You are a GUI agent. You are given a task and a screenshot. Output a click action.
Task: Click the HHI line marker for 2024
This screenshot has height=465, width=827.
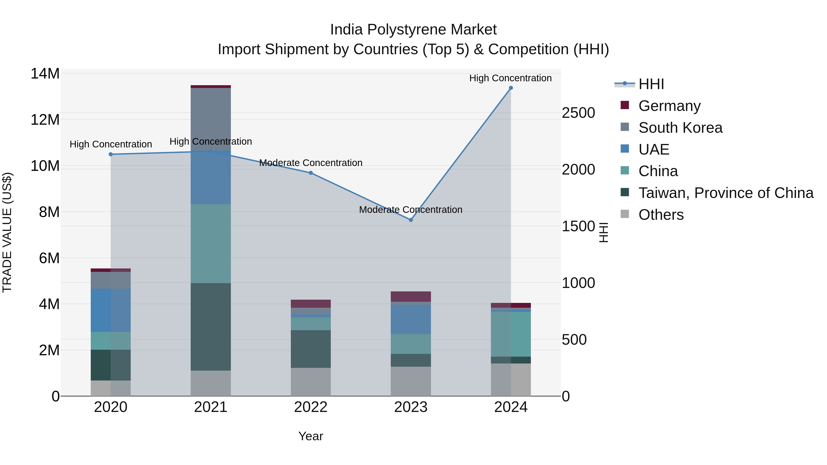pos(511,88)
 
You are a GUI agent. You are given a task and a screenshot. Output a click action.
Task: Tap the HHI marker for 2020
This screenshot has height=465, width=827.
pos(111,154)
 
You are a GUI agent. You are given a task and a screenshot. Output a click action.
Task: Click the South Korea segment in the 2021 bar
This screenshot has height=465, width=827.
pos(211,119)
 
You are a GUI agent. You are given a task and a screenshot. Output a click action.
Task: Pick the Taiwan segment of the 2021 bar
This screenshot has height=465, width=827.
pos(211,327)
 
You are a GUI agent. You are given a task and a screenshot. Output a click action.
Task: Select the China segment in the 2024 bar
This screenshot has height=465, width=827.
pos(511,334)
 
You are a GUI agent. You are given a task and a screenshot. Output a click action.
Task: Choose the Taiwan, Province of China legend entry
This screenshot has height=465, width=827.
pos(725,193)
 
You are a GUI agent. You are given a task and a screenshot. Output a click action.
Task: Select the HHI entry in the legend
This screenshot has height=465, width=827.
pos(651,84)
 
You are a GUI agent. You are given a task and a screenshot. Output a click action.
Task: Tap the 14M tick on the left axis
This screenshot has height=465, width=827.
pos(45,73)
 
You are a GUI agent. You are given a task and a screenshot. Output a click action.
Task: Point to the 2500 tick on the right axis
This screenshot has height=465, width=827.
pos(578,113)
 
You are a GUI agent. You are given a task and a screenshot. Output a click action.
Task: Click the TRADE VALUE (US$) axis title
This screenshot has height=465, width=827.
pos(7,232)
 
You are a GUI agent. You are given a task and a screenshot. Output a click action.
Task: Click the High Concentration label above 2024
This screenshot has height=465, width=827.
pos(510,78)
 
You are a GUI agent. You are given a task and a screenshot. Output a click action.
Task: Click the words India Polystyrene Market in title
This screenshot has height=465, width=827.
pos(413,30)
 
